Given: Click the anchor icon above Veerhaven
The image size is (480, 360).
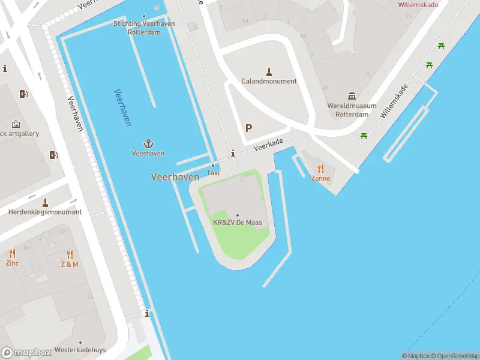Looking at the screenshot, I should pos(148,143).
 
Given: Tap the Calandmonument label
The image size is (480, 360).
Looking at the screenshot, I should pos(269,81).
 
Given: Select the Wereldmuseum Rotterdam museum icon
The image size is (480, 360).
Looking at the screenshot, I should pos(352,96).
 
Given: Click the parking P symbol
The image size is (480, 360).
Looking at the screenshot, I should pos(248,128).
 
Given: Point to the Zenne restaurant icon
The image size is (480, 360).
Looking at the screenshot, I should pos(320,169).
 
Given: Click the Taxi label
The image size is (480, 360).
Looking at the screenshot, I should pos(213,173).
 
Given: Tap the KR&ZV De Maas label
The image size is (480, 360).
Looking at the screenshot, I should pos(237,223).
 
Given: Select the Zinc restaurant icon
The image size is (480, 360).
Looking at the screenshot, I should pos(12,254).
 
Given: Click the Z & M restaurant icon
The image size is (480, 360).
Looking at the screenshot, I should pos(70,254).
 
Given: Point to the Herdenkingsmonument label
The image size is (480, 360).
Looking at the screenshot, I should pos(45,212).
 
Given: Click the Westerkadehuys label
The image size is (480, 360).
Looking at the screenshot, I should pos(80,350).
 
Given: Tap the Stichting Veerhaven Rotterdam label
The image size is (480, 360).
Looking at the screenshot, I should pos(144,28).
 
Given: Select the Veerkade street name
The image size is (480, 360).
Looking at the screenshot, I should pos(268,143).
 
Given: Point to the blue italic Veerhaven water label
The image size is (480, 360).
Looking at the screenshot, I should pos(122,107).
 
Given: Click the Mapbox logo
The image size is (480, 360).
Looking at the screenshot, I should pos(26,353).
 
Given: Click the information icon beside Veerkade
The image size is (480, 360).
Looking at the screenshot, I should pos(233,154).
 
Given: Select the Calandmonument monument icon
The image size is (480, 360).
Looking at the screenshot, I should pos(269,71).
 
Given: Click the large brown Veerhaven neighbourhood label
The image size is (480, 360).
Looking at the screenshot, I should pos(175,177).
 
